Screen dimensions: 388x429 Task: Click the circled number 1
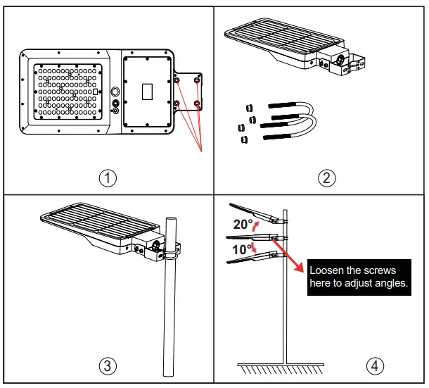tap(108, 178)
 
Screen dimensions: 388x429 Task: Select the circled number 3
tap(108, 366)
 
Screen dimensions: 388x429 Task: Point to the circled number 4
tap(376, 366)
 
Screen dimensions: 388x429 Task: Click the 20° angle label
tap(243, 225)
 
